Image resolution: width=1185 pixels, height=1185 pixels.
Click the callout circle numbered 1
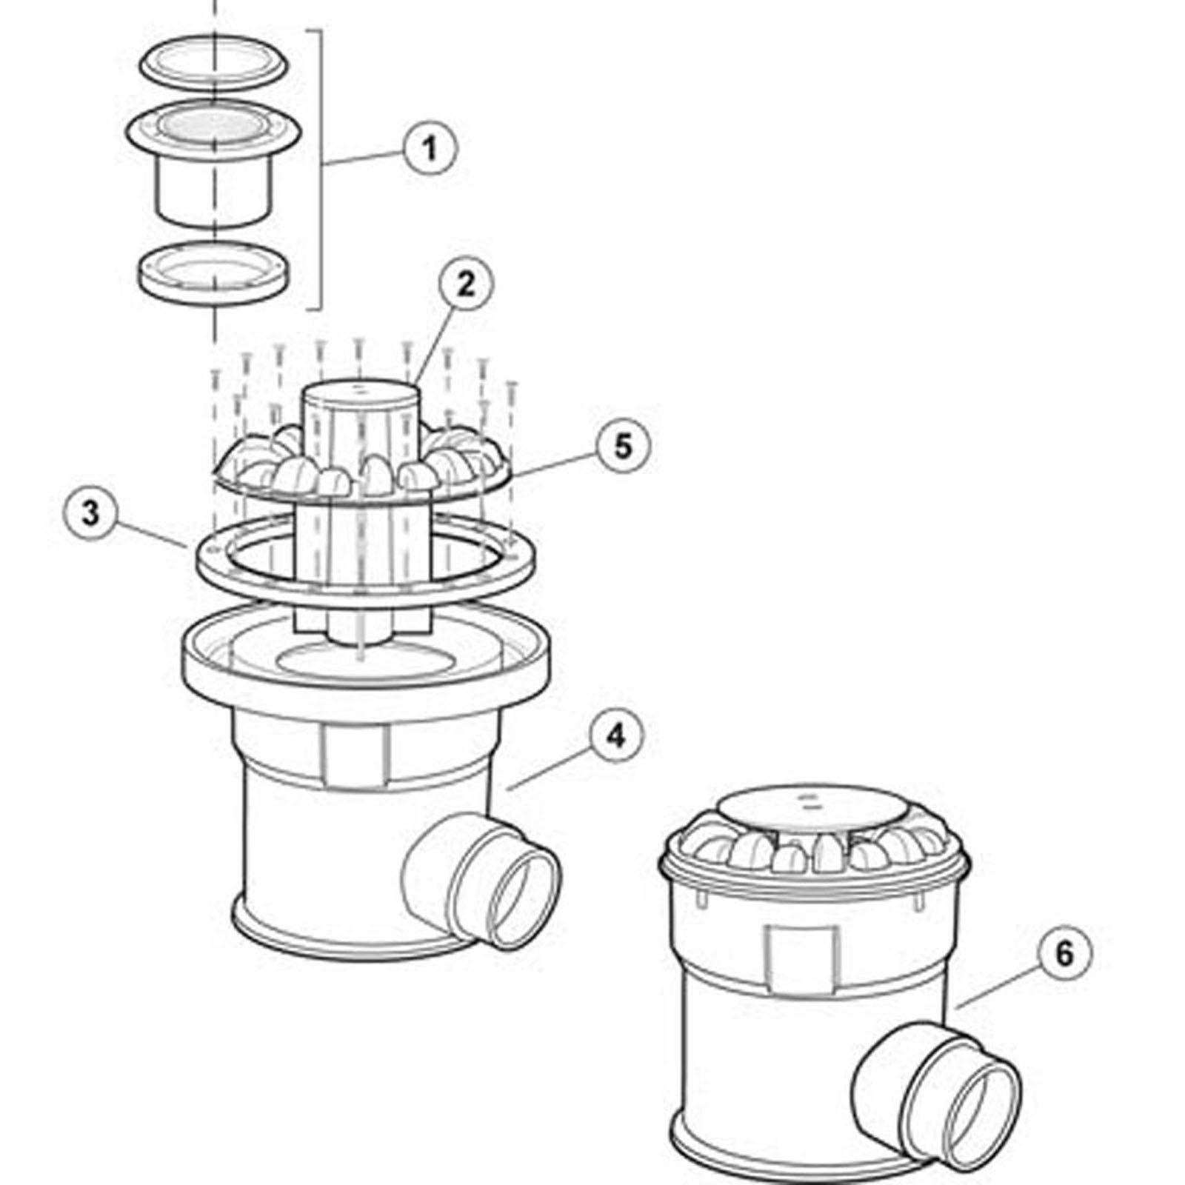(x=430, y=148)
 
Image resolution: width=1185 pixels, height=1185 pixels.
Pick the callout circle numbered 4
(x=615, y=735)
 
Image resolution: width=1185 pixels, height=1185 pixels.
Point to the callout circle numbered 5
(x=622, y=447)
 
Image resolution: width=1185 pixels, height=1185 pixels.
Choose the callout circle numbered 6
(x=1064, y=954)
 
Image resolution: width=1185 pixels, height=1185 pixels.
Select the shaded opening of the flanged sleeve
(x=213, y=125)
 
